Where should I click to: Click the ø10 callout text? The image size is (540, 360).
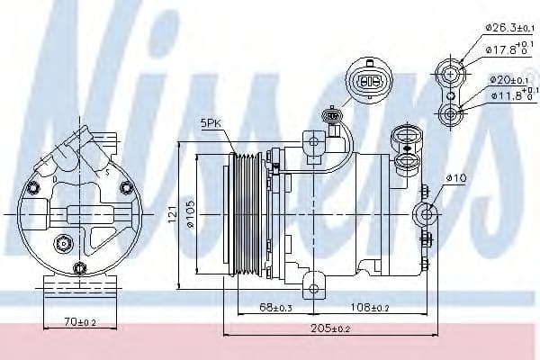click(x=459, y=178)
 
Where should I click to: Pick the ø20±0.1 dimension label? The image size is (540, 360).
click(x=507, y=79)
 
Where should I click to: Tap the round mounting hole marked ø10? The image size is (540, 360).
click(x=426, y=214)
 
